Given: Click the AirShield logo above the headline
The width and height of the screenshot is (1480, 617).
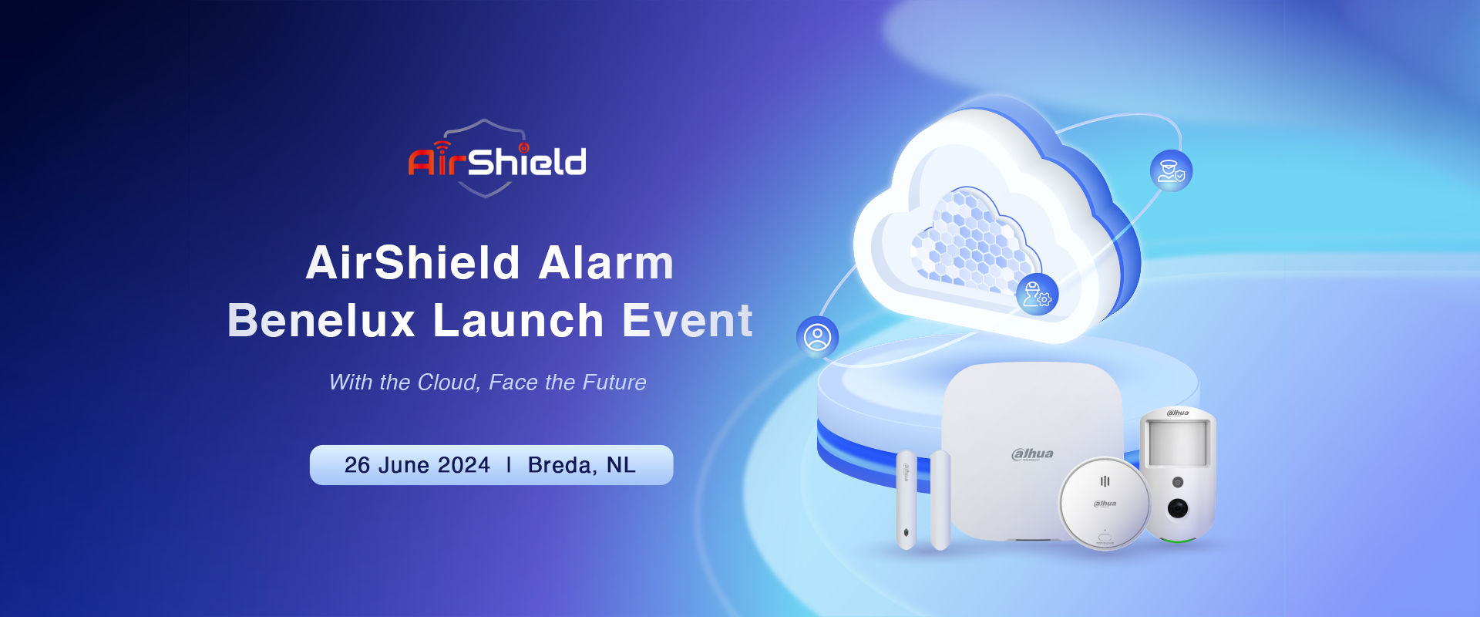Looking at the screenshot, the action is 497,159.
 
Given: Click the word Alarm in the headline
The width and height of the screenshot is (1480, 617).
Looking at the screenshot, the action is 606,263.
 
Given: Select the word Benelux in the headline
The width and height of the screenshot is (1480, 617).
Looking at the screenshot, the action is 321,320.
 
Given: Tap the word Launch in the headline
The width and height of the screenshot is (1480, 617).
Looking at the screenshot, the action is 518,320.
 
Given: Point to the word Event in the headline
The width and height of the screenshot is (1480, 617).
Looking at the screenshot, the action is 688,320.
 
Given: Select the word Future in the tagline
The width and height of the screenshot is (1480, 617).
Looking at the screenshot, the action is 614,383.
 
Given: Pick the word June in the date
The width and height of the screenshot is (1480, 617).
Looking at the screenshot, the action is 403,465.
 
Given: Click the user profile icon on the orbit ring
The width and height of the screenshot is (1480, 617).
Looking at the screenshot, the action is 817,337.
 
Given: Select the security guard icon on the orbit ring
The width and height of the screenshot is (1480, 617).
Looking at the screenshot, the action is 1171,170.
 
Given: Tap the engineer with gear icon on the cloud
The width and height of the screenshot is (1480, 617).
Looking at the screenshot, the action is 1037,295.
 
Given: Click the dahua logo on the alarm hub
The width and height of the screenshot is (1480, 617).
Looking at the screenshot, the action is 1032,454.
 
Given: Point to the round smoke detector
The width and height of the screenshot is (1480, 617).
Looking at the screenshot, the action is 1105,503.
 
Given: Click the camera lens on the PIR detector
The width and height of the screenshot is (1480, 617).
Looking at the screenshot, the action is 1177,508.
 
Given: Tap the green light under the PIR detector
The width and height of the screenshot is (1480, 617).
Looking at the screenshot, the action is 1176,539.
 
